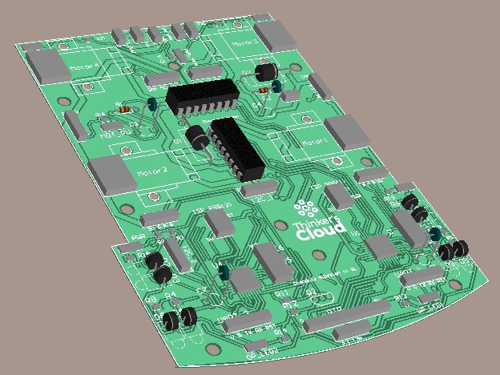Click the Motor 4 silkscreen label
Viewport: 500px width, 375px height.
84,66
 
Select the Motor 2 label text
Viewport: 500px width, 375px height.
152,171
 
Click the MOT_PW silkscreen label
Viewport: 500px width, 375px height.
115,134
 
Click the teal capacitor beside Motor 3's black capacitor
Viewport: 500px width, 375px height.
276,85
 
